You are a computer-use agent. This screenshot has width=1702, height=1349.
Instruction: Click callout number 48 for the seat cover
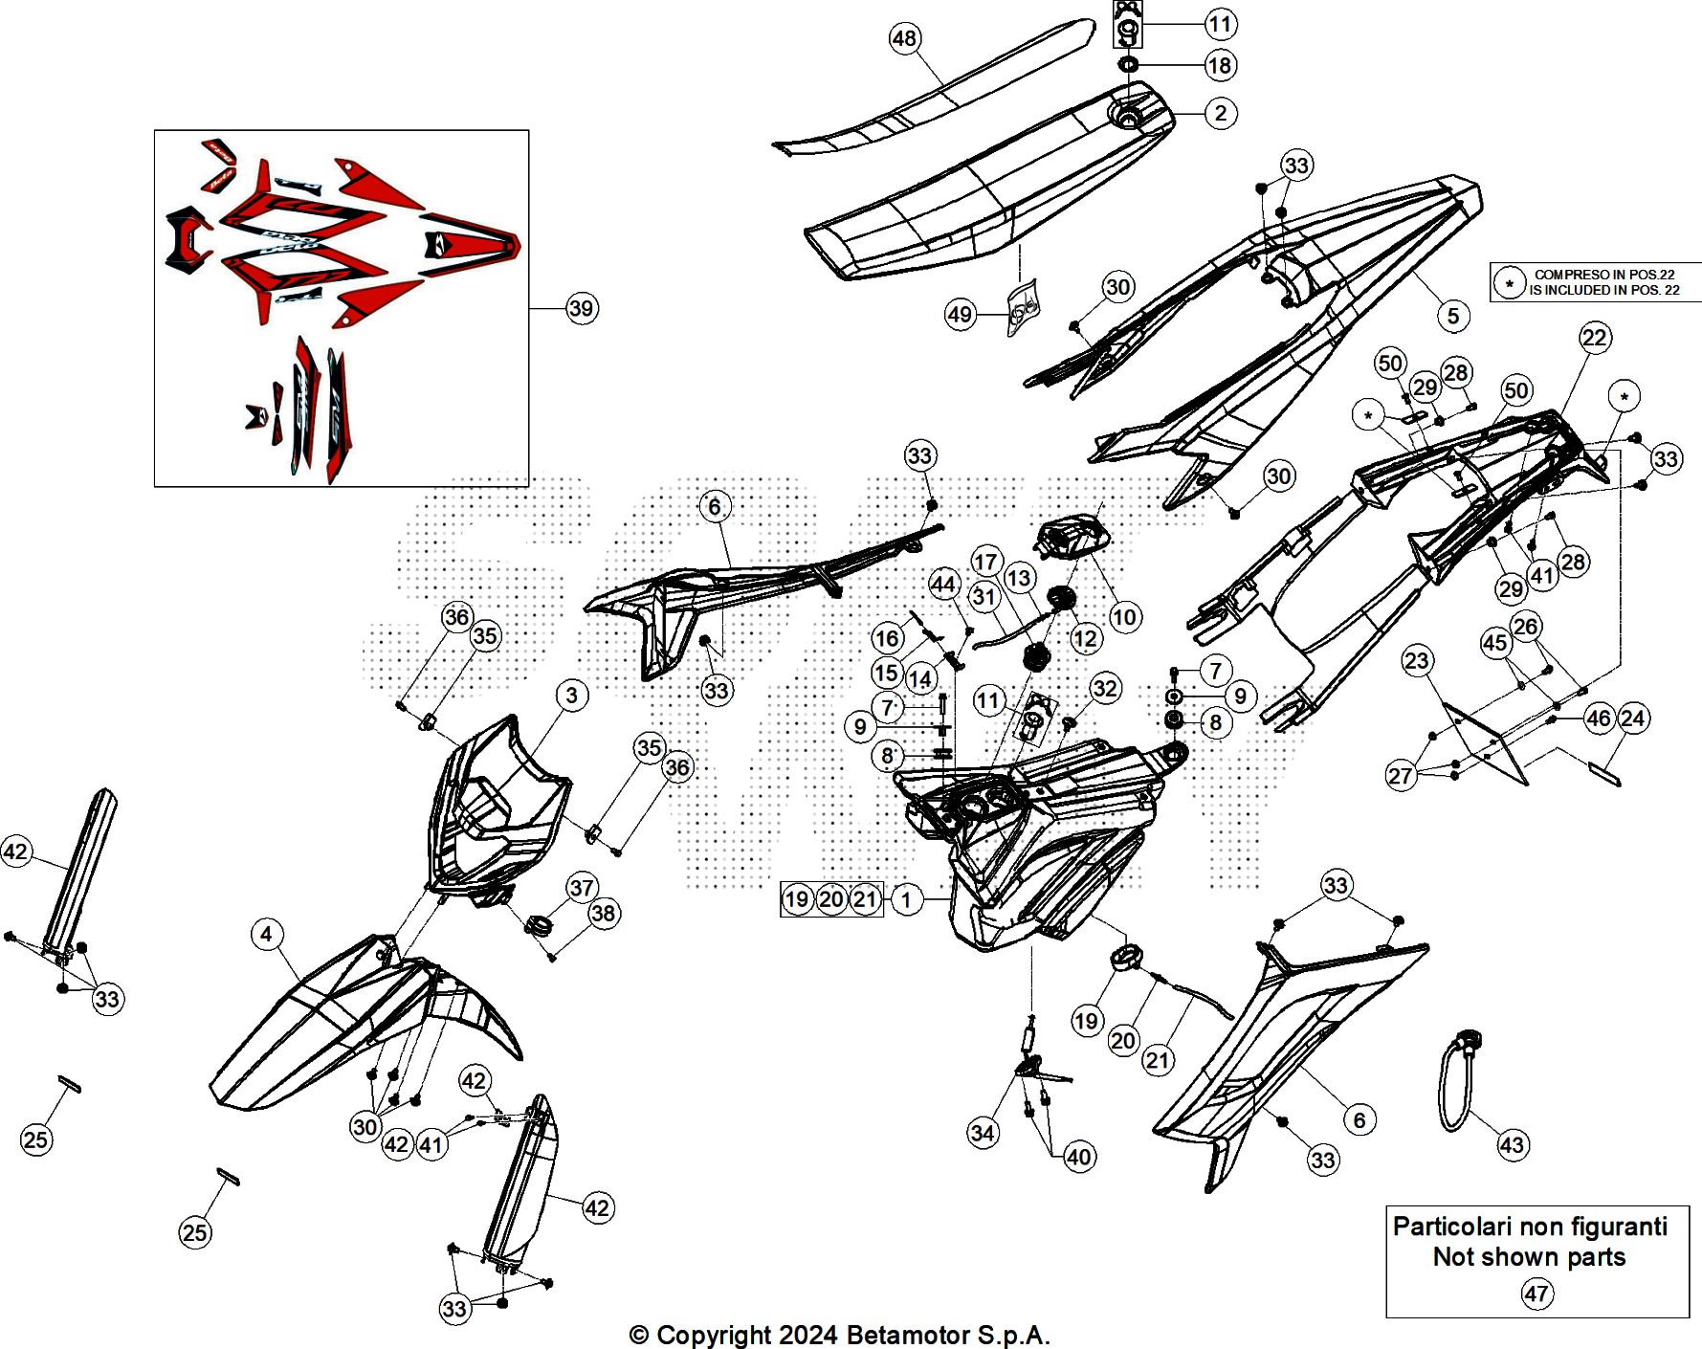pos(904,38)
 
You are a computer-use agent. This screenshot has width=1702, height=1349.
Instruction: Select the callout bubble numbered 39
pos(581,308)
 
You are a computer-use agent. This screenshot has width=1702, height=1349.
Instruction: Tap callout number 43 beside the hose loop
pos(1512,1144)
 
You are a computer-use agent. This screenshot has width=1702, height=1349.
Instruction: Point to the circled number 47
pos(1536,1294)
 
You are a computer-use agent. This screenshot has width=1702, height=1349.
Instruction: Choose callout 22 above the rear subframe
pos(1595,337)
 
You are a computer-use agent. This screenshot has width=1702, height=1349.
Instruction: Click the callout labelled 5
pos(1453,316)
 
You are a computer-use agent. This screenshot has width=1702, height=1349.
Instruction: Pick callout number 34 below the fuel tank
pos(983,1133)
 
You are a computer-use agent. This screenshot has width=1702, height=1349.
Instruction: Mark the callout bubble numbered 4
pos(266,934)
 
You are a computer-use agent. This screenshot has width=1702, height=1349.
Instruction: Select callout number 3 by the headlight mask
pos(571,695)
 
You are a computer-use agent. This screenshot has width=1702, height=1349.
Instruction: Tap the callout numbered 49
pos(960,314)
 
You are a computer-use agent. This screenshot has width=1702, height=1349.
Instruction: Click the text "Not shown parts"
pos(1529,1257)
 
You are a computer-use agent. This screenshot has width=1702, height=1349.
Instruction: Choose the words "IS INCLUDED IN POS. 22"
pos(1603,290)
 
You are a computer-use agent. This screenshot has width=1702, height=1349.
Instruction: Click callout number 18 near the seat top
pos(1220,65)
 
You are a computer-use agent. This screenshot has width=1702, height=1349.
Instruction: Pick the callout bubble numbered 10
pos(1124,616)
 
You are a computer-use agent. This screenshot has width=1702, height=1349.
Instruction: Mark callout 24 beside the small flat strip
pos(1633,718)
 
